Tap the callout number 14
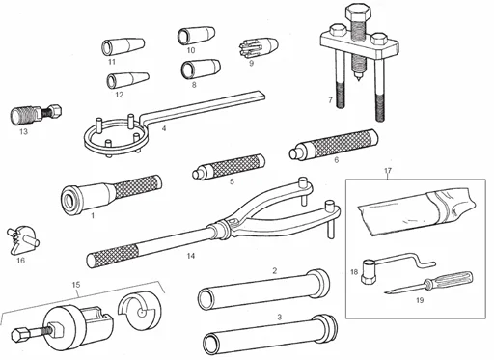[x=190, y=256]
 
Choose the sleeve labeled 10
[x=189, y=37]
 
